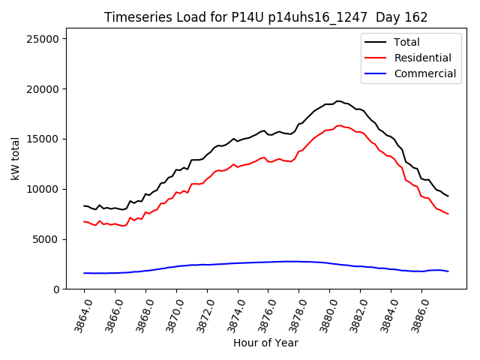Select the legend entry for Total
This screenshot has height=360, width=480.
[x=406, y=42]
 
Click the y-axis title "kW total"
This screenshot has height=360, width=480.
[x=15, y=158]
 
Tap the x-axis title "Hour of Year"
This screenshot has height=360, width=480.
[x=265, y=343]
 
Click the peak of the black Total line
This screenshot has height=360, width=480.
[x=338, y=100]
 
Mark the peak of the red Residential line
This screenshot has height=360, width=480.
[x=339, y=125]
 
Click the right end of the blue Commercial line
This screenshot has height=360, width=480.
[x=448, y=271]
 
